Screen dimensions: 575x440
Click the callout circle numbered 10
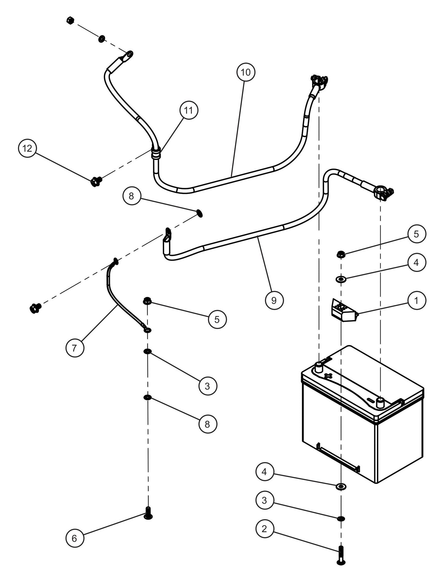pyautogui.click(x=245, y=72)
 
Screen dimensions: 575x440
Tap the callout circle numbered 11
pyautogui.click(x=189, y=110)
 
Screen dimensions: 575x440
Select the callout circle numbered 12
pyautogui.click(x=27, y=148)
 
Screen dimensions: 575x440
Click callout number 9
pyautogui.click(x=274, y=300)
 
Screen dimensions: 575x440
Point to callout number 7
pyautogui.click(x=75, y=348)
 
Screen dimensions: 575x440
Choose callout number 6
pyautogui.click(x=75, y=538)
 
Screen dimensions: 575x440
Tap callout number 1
pyautogui.click(x=416, y=301)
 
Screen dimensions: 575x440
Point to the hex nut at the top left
pyautogui.click(x=69, y=21)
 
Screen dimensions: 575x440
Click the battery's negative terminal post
pyautogui.click(x=380, y=403)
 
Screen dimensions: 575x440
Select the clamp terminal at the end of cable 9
pyautogui.click(x=383, y=194)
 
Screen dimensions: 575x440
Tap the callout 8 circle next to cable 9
pyautogui.click(x=131, y=196)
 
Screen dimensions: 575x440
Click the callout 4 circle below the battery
pyautogui.click(x=264, y=472)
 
